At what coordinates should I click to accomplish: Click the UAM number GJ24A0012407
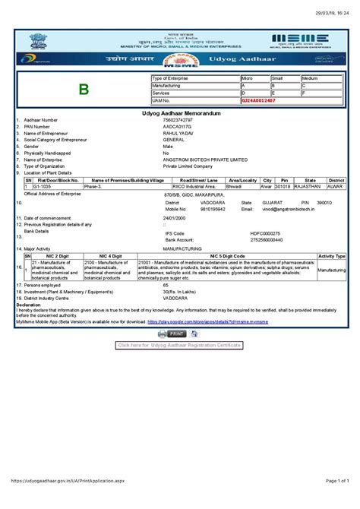258,100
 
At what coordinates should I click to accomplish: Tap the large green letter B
84,90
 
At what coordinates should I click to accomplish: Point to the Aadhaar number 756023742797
178,120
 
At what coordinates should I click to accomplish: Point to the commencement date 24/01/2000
175,218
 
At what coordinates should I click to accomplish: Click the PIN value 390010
324,203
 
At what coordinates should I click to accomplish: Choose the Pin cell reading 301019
283,185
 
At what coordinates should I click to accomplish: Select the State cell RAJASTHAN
308,185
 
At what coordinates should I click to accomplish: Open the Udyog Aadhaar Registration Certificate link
179,344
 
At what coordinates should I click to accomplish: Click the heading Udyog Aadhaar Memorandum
179,112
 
